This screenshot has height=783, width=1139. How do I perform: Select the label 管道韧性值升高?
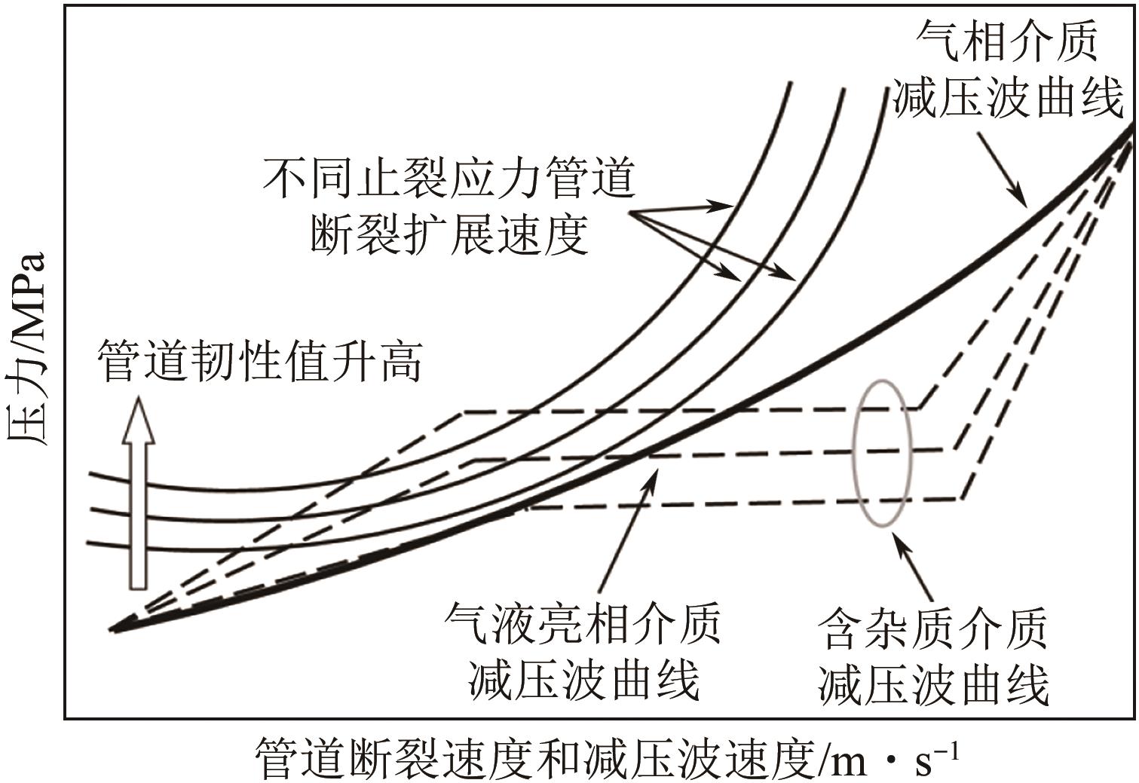(x=259, y=361)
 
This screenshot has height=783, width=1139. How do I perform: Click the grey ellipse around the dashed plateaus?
(x=882, y=452)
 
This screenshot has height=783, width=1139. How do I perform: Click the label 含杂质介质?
(x=933, y=630)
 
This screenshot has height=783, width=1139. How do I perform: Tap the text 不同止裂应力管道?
(x=450, y=179)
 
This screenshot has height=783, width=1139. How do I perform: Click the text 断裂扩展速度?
(x=449, y=234)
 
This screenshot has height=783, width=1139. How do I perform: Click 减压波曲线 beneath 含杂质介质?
(x=933, y=685)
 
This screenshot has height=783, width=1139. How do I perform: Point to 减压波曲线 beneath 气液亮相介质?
(x=583, y=680)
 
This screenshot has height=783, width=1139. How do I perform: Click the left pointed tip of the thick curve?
(x=112, y=628)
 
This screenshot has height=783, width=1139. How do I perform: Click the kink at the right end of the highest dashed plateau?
(x=921, y=408)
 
